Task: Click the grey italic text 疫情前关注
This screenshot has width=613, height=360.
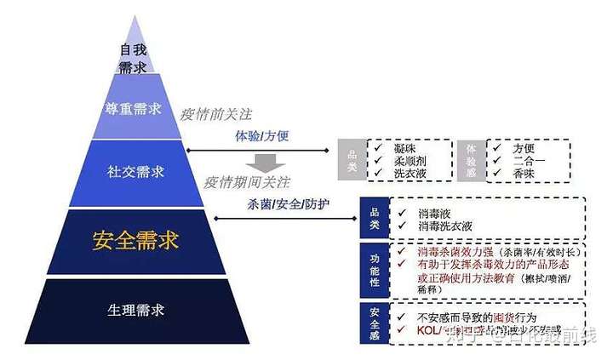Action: [216, 114]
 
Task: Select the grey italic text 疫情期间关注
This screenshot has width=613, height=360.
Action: [248, 182]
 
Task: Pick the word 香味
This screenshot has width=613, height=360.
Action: [524, 173]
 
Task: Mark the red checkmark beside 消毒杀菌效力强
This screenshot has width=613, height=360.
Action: [399, 252]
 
